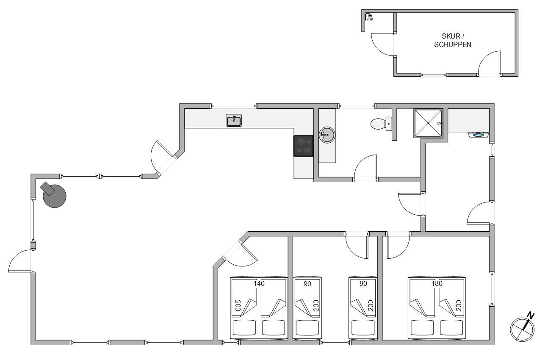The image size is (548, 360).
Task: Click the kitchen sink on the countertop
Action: pos(234,120)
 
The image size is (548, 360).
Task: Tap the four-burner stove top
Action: pos(303,146)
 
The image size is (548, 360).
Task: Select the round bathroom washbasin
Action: pos(327,135)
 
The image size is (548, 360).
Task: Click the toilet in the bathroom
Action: pos(381,124)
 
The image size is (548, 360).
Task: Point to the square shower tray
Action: pos(428,123)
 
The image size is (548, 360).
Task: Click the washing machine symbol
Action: pos(479,135)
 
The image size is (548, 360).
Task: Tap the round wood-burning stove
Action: pos(53,195)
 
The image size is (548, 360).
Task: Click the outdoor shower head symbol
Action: pos(369,17)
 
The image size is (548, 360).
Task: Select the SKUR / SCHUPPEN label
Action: pos(453,40)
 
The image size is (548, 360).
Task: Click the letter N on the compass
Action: pos(530,315)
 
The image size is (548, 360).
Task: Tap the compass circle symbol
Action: pos(522,330)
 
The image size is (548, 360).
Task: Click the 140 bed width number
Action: pos(259,283)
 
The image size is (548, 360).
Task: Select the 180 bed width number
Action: pos(437,283)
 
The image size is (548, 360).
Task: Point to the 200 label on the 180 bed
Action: pos(459,305)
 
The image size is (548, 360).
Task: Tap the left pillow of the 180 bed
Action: pos(422,327)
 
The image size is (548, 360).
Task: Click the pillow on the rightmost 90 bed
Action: pos(363,327)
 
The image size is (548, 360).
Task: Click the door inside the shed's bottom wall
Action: pos(489,62)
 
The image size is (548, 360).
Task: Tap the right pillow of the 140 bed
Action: pos(273,327)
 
